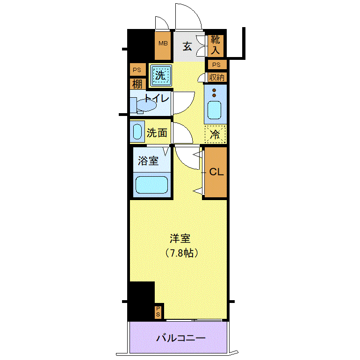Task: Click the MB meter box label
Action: coord(163,43)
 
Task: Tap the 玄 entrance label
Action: coord(187,47)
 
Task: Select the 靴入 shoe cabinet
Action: coord(216,45)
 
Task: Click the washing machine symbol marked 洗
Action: coord(161,76)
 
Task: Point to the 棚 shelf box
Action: coord(137,84)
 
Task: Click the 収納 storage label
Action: coord(217,77)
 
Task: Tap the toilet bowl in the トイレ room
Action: coord(146,106)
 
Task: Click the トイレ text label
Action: coord(157,98)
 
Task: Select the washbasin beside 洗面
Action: coord(137,131)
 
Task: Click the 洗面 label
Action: coord(157,132)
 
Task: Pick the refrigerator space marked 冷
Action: coord(215,134)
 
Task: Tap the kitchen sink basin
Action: coord(215,110)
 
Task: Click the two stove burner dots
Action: coord(214,92)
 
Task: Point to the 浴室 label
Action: coord(148,161)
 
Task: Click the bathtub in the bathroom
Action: coord(151,185)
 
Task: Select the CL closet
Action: coord(216,172)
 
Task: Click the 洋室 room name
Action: coord(180,238)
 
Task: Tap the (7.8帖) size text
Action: coord(181,253)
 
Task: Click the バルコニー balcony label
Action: coord(181,338)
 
